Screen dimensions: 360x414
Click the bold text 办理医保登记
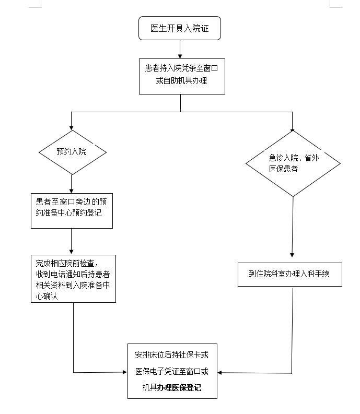[x=179, y=387]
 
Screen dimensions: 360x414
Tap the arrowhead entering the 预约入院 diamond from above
[x=71, y=128]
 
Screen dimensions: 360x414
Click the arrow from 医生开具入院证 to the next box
[x=180, y=50]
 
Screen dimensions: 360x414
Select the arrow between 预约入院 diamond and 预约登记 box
[x=72, y=184]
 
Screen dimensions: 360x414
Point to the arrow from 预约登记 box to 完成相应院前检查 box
[x=72, y=241]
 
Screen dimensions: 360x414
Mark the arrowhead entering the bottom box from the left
[x=125, y=372]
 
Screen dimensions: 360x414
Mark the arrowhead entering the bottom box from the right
[x=219, y=373]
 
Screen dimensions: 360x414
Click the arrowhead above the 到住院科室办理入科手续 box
[x=292, y=255]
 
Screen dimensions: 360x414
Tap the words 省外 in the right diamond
[x=311, y=158]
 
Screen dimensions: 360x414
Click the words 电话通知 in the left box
[x=65, y=274]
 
